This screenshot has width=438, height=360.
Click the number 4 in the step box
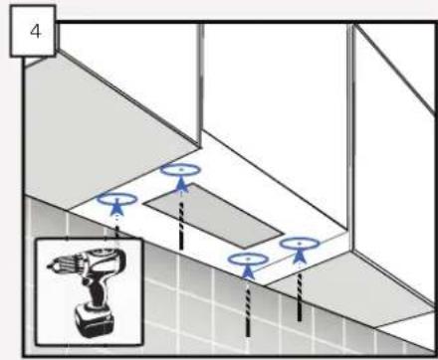click(35, 32)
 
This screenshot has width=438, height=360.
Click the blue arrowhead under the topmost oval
click(181, 184)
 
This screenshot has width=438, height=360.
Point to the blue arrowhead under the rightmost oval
click(300, 255)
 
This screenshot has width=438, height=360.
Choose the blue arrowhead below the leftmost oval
click(116, 208)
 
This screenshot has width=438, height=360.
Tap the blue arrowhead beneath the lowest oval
click(248, 271)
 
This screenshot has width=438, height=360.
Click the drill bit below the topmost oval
click(181, 226)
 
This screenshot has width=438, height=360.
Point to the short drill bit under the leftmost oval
click(116, 232)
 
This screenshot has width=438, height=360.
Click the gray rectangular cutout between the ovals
click(212, 216)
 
